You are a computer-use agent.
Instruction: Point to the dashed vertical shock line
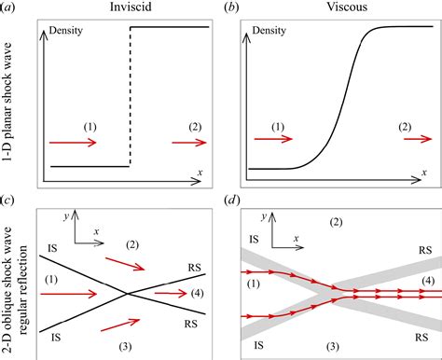click(130, 98)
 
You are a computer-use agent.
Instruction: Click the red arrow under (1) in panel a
click(73, 143)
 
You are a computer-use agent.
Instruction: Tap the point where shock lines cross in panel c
click(126, 293)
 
